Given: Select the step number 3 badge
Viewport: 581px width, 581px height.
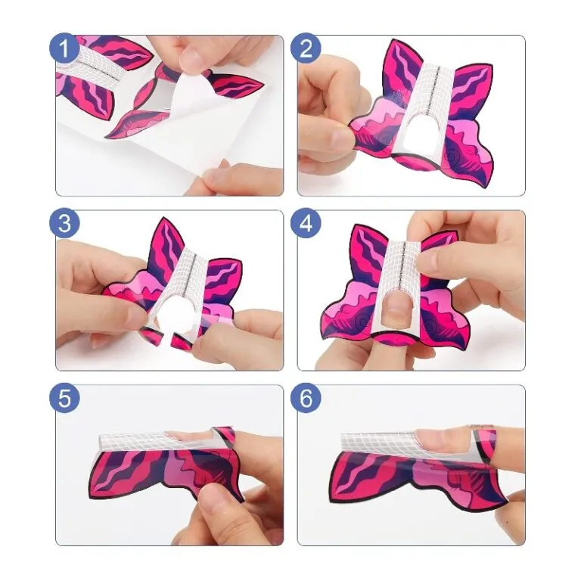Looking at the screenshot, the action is [x=64, y=223].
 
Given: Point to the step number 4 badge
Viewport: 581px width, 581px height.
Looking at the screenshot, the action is [x=306, y=223].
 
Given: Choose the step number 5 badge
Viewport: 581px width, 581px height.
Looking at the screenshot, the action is [x=64, y=399].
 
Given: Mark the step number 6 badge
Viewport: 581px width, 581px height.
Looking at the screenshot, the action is [x=306, y=399].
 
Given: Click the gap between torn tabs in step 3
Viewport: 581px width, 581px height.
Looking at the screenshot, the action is [x=165, y=337].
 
